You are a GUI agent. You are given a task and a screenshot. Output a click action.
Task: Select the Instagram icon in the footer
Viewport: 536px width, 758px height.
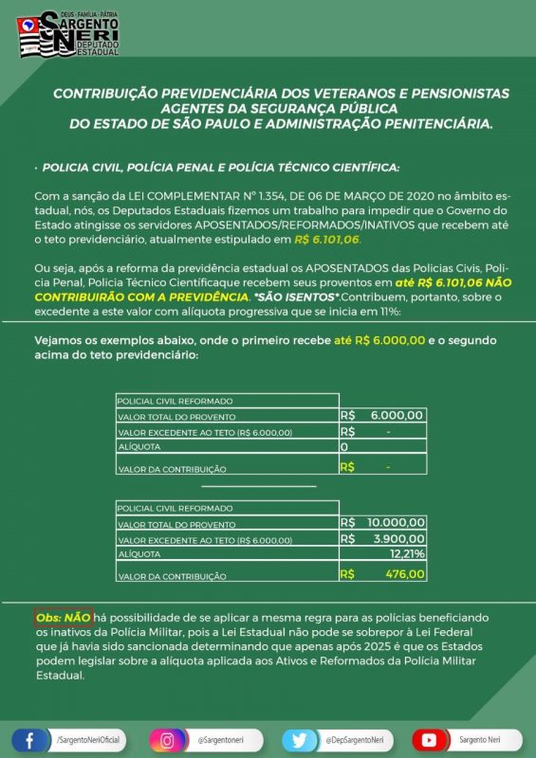click(166, 739)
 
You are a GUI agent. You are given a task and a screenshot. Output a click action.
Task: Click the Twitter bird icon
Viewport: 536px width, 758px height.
click(300, 739)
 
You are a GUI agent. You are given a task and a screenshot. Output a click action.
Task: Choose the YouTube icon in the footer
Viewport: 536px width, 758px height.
click(430, 739)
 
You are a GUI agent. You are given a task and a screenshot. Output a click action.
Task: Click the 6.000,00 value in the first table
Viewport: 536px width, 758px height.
click(397, 415)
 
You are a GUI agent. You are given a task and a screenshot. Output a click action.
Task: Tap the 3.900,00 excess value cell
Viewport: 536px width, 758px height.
click(397, 538)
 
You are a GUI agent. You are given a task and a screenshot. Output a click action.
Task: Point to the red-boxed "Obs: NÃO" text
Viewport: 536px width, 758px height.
click(64, 617)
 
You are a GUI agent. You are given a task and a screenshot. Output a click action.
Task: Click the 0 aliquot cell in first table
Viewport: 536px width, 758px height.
click(344, 445)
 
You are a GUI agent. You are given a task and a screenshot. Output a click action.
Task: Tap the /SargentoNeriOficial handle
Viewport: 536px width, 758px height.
click(89, 739)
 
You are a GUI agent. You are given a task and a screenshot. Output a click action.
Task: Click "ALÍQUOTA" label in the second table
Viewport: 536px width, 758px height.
click(139, 553)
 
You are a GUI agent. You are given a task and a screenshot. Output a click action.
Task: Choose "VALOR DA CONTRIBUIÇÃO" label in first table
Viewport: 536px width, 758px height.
click(172, 468)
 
